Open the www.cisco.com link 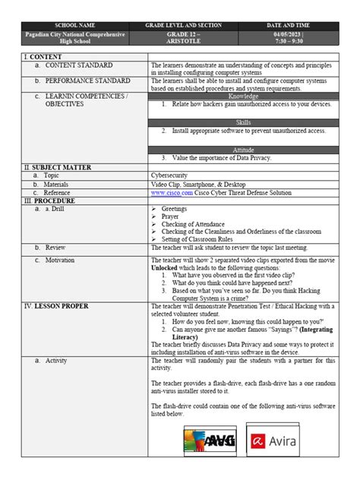[172, 193]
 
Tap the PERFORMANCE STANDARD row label [87, 80]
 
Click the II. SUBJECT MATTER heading [58, 166]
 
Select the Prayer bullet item [169, 216]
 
